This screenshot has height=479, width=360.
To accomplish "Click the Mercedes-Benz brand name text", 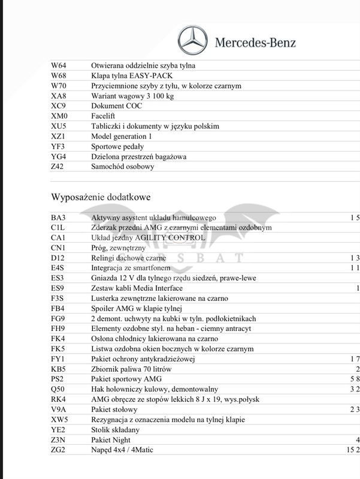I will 255,43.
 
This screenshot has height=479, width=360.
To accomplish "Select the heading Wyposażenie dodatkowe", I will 101,197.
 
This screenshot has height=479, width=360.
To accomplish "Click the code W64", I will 59,65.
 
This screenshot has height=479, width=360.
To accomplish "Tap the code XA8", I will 59,96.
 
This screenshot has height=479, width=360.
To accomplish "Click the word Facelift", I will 103,116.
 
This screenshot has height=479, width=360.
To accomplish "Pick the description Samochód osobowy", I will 122,167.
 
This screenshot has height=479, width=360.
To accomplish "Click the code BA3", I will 58,218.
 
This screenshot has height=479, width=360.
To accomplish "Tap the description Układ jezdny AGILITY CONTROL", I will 148,238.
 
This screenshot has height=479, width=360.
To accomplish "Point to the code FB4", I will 58,308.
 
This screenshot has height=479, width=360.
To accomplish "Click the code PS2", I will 58,379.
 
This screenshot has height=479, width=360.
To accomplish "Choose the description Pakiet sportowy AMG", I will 126,379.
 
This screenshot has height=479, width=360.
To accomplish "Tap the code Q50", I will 58,390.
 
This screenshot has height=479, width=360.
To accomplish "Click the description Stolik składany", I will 116,430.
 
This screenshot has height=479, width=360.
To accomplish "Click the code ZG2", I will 58,450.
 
